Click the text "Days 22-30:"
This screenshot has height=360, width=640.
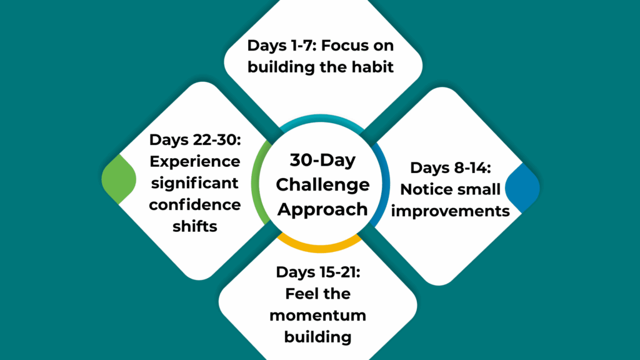(194, 140)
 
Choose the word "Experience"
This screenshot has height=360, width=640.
(194, 161)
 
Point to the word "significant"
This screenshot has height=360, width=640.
(194, 182)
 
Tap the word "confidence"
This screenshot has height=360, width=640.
(194, 204)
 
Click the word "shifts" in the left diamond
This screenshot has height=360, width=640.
(194, 226)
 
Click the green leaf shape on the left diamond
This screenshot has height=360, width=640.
(118, 180)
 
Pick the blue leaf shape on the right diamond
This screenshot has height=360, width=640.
(522, 186)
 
